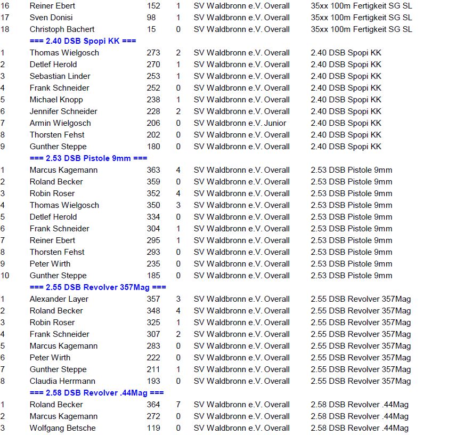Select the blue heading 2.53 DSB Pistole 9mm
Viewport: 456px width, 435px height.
88,158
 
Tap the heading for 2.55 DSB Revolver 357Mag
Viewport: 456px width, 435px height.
98,287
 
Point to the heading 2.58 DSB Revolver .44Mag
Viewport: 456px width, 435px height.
96,393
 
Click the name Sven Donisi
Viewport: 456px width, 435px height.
51,18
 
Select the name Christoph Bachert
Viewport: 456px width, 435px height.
62,29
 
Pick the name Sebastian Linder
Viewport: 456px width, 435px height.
60,76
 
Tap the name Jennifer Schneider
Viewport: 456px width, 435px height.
63,111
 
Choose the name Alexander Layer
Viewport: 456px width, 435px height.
59,299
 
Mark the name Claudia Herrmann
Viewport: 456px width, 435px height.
62,381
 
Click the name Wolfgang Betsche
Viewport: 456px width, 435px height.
62,428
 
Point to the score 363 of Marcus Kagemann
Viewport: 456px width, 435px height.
153,170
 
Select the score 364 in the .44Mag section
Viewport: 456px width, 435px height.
153,405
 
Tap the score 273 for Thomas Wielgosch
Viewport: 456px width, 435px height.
153,53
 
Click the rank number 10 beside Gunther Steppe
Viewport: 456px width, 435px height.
5,276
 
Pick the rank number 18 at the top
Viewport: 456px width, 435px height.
5,29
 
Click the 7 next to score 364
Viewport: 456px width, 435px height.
178,405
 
